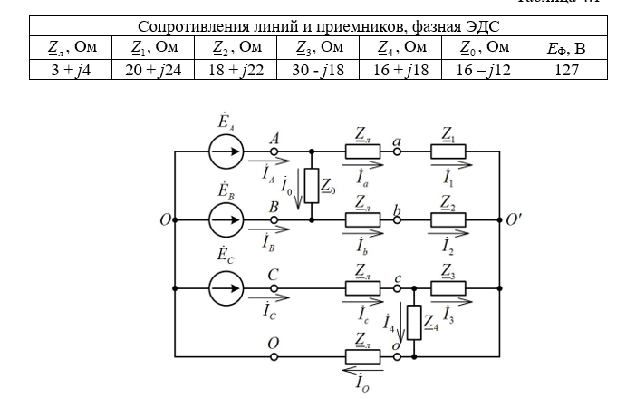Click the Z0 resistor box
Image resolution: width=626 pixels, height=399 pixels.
click(x=312, y=186)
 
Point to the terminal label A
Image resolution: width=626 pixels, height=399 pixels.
click(x=274, y=138)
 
